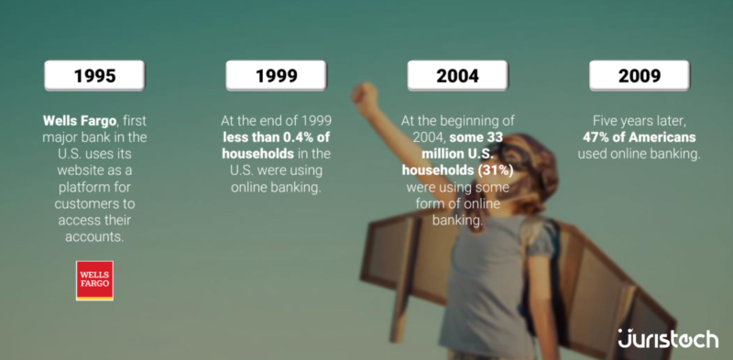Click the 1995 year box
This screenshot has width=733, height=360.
[x=94, y=76]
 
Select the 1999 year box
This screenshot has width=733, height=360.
[x=276, y=76]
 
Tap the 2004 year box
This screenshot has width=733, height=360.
[x=457, y=76]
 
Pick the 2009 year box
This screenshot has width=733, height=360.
[x=639, y=76]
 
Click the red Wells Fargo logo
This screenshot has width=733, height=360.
[x=94, y=280]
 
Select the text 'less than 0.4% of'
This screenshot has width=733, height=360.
[x=276, y=136]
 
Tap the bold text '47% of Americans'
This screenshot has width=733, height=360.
[x=640, y=136]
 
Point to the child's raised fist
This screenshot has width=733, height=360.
[x=365, y=95]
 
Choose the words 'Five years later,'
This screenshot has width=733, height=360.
[x=639, y=121]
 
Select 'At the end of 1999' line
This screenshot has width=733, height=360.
[x=276, y=121]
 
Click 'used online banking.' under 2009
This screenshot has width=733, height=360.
[x=639, y=153]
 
